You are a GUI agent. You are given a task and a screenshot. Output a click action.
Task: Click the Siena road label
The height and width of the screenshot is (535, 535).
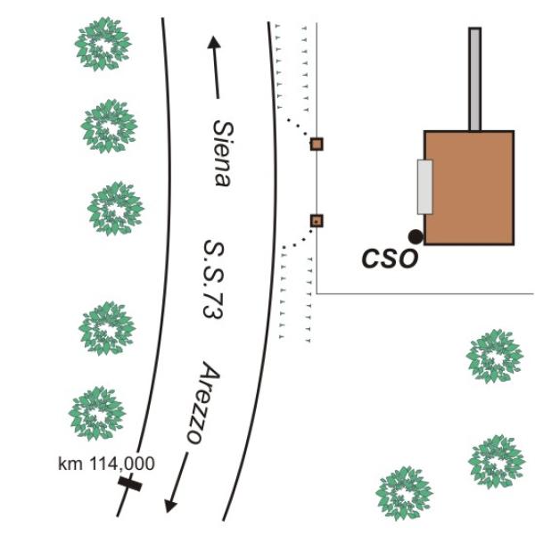coord(220,152)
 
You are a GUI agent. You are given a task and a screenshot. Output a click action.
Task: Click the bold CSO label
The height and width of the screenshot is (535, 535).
coord(389,259)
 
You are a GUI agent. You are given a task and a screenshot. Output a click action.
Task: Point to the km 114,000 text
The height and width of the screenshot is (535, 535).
coord(105,464)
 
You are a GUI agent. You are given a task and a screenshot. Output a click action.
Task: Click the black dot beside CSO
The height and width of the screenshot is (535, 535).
coord(415,236)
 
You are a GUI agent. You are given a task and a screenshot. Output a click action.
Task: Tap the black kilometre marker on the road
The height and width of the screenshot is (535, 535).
coord(130,484)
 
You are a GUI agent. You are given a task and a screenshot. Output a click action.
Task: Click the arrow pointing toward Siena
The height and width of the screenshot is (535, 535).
coord(215,67)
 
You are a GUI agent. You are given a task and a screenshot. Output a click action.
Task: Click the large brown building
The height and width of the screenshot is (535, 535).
coord(469,187)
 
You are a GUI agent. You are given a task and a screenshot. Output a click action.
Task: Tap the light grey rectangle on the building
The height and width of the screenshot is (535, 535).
coord(424,187)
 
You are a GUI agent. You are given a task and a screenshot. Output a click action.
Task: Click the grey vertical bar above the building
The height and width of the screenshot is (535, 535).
coord(474,78)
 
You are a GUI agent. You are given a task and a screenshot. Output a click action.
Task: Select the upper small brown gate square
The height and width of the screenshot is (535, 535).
coord(316,144)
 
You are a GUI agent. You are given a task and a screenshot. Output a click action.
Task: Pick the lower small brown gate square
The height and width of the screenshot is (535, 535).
coord(316,220)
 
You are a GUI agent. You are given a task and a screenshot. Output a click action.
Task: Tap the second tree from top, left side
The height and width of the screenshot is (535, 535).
coord(109,126)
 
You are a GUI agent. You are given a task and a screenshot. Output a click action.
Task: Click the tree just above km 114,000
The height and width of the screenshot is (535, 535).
coord(97,413)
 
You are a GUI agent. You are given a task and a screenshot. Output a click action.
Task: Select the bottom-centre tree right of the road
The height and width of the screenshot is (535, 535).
coord(405,492)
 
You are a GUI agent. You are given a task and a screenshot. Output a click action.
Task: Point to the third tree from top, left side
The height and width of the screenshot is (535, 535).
coord(115,208)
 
